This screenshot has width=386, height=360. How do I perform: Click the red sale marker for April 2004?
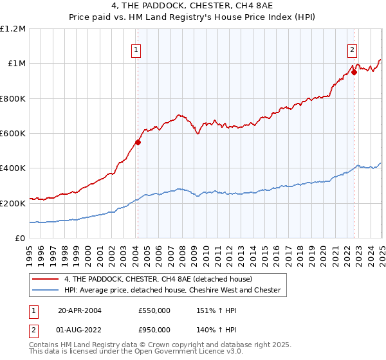pyautogui.click(x=138, y=142)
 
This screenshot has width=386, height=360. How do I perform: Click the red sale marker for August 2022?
pyautogui.click(x=354, y=73)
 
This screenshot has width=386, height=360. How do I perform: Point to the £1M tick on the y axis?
pyautogui.click(x=15, y=63)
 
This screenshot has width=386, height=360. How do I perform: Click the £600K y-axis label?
pyautogui.click(x=13, y=133)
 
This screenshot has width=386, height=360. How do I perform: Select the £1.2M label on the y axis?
pyautogui.click(x=13, y=28)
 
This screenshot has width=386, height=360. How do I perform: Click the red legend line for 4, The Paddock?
pyautogui.click(x=44, y=279)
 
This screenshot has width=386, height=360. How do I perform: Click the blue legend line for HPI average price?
pyautogui.click(x=44, y=290)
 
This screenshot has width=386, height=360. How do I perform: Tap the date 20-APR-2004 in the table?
pyautogui.click(x=79, y=310)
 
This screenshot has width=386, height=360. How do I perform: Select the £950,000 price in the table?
pyautogui.click(x=154, y=328)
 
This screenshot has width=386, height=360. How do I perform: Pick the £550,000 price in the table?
pyautogui.click(x=154, y=310)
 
